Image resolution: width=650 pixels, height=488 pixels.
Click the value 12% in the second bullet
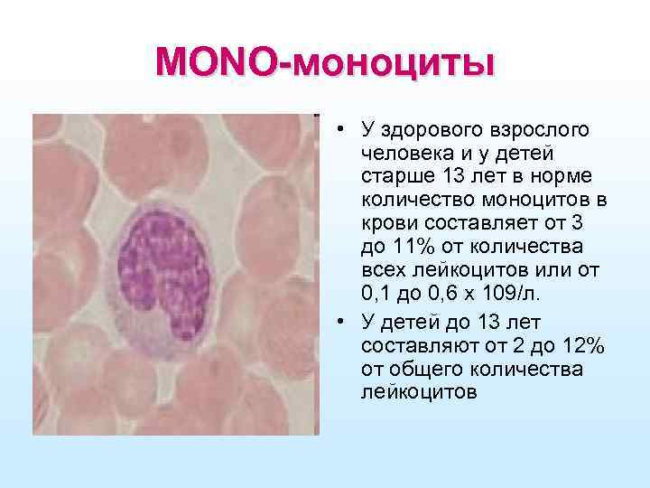[582, 346]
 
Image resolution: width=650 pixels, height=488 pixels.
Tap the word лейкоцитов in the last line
[419, 393]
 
